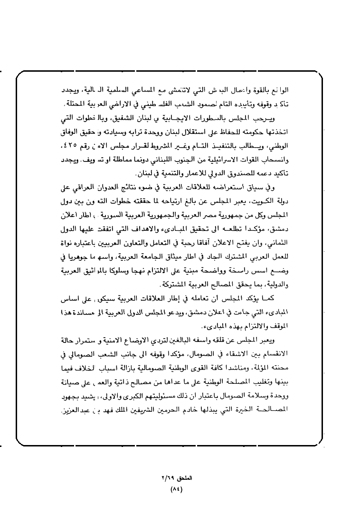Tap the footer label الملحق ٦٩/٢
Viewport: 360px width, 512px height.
point(173,477)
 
